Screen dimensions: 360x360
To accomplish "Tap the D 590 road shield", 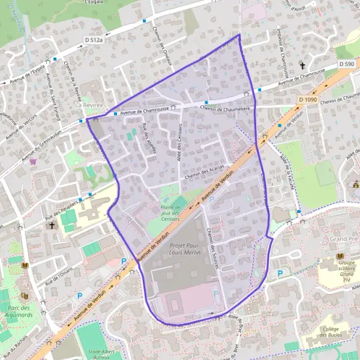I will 347,63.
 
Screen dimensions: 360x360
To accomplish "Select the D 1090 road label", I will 307,99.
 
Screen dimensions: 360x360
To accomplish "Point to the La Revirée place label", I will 90,104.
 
